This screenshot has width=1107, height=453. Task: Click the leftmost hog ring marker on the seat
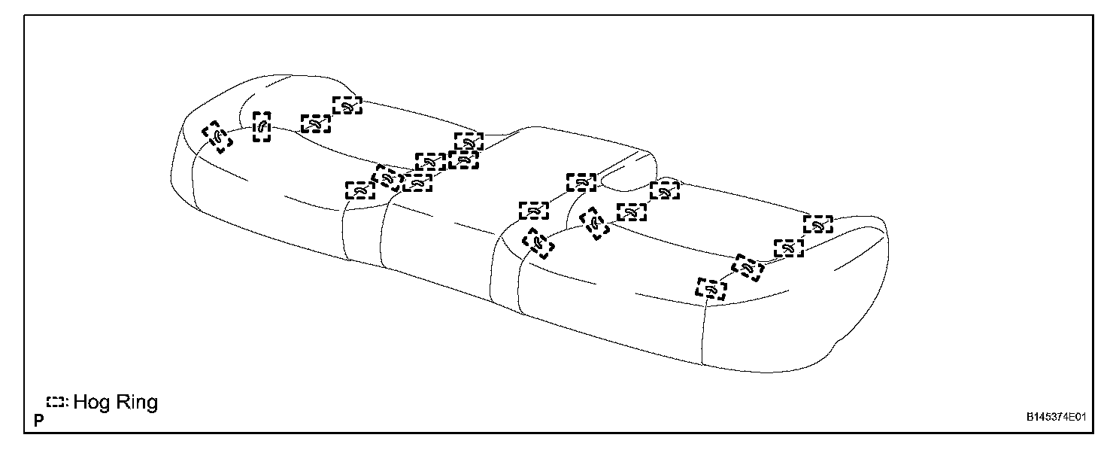217,137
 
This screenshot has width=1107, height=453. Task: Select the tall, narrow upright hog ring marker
262,127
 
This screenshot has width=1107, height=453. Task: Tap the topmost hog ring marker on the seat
347,105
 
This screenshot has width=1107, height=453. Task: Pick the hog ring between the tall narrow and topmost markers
316,123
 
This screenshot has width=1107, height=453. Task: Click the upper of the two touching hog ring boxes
469,141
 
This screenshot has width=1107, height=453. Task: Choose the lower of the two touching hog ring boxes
463,159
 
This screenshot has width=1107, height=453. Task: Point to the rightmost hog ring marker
817,223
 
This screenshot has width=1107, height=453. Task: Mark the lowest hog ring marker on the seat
711,289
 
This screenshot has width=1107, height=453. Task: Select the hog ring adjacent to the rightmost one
788,248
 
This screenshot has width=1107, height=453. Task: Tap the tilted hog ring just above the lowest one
748,268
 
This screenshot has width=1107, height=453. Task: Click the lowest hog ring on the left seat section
359,190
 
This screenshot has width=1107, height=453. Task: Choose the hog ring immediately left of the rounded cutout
581,182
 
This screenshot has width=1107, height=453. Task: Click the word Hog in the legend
91,403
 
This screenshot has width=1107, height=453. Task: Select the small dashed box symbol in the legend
56,403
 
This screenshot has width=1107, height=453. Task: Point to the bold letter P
38,421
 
